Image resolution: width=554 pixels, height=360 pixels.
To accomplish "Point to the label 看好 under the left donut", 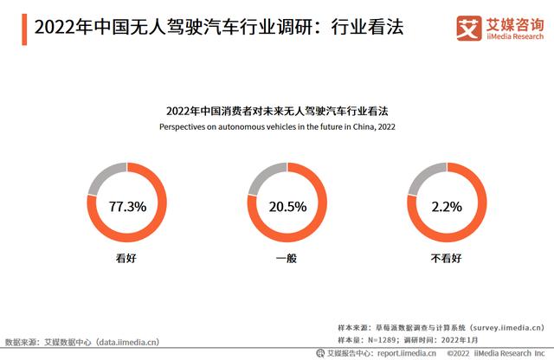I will coord(126,258).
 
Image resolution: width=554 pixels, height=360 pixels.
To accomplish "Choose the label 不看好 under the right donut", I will coord(447,258).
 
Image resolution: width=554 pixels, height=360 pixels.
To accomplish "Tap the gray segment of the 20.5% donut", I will coord(265,178).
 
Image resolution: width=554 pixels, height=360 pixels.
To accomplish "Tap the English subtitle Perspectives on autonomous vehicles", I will coord(276,126).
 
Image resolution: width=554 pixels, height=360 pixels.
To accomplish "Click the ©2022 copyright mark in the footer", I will coord(458,353).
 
